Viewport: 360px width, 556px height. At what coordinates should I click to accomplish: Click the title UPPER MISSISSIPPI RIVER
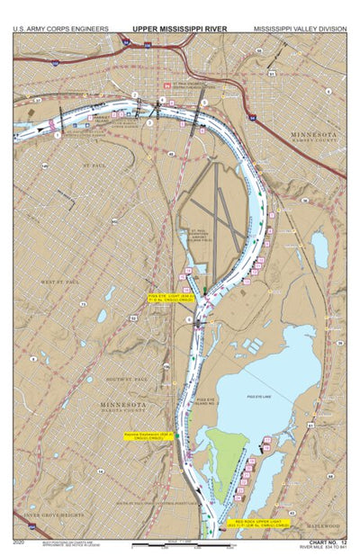pyautogui.click(x=180, y=29)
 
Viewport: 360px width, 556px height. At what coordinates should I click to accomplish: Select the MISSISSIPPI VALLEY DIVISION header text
pyautogui.click(x=300, y=29)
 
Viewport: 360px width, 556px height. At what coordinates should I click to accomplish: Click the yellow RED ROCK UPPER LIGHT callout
pyautogui.click(x=262, y=523)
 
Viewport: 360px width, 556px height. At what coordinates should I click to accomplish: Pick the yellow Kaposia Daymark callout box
pyautogui.click(x=148, y=435)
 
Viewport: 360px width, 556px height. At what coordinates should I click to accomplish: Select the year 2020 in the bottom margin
pyautogui.click(x=21, y=543)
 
